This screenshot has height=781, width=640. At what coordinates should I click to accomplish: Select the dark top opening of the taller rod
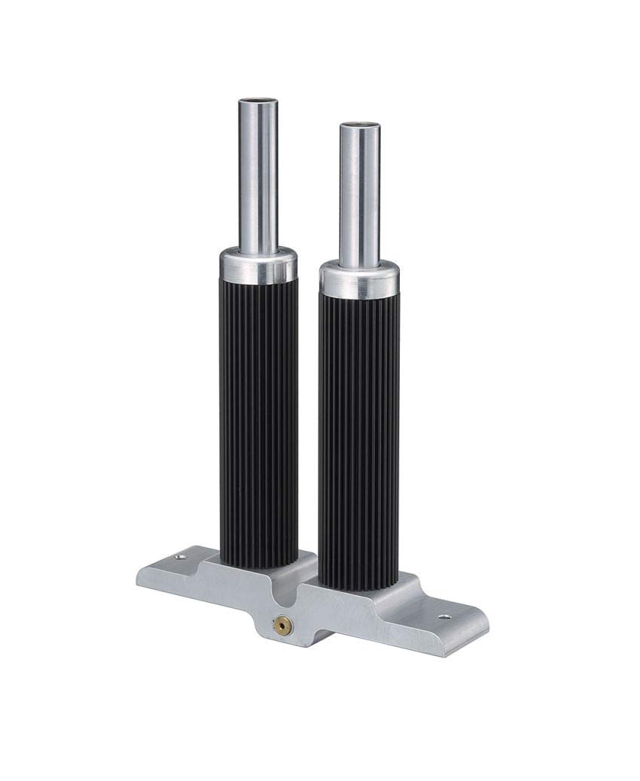coord(258,101)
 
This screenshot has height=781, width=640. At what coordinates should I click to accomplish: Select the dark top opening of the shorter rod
coord(359,126)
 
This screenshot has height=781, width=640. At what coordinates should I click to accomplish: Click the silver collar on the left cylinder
coord(258,264)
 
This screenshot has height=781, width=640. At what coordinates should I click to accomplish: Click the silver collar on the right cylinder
coord(359,281)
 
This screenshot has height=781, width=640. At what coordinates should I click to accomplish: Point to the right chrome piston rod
coord(359,196)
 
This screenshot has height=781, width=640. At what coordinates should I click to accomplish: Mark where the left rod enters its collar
coord(258,251)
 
